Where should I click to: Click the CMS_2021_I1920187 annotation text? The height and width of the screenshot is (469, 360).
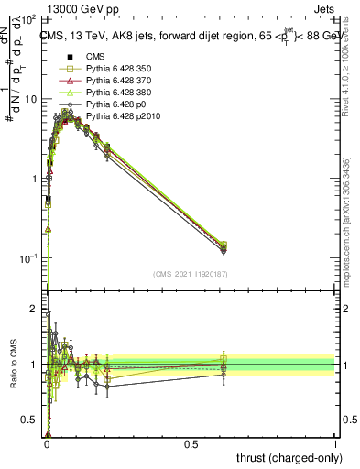191,275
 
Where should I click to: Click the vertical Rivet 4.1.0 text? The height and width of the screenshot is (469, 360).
350,69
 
